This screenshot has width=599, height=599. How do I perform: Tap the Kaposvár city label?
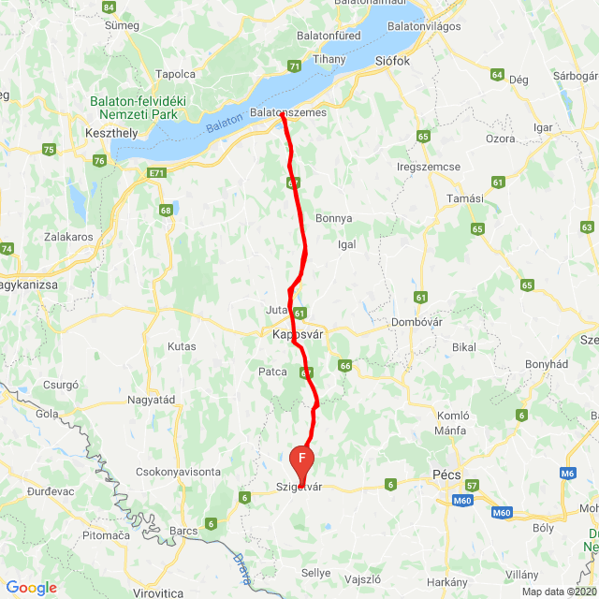298,333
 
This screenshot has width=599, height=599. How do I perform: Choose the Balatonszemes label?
288,112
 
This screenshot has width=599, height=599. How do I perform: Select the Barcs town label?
184,531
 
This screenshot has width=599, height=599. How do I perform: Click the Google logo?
31,588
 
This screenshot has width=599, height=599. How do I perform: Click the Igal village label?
347,243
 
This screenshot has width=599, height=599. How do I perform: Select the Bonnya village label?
334,218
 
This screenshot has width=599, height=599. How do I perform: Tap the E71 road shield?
155,173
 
